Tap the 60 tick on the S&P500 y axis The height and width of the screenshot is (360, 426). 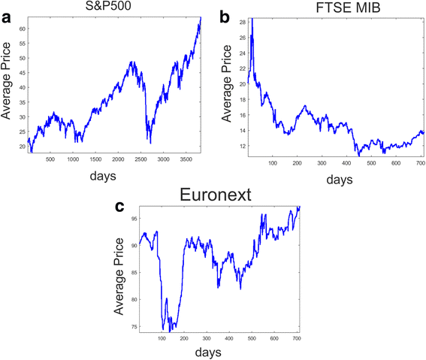23,28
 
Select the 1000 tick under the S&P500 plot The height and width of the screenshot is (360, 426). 72,159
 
